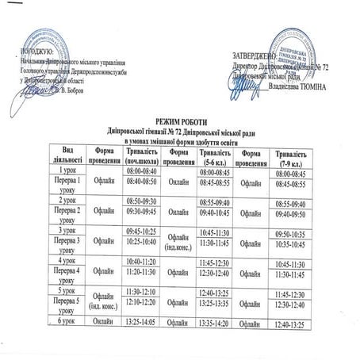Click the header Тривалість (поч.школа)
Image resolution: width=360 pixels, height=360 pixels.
click(144, 155)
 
